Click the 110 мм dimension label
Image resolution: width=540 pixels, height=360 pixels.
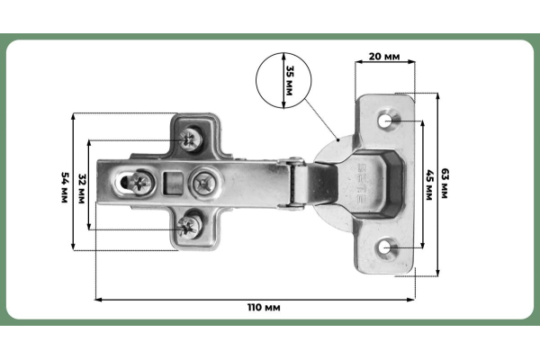tap(265, 308)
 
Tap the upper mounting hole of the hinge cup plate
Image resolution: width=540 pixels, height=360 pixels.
tap(386, 120)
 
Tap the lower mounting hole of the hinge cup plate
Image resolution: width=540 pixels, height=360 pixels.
tap(386, 247)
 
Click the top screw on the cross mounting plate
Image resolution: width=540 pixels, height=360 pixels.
tap(191, 138)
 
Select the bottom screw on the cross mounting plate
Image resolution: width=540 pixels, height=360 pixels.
tap(191, 225)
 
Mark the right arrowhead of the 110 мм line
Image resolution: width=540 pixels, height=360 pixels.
tap(414, 299)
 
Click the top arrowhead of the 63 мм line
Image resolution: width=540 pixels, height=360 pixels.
tap(438, 94)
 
